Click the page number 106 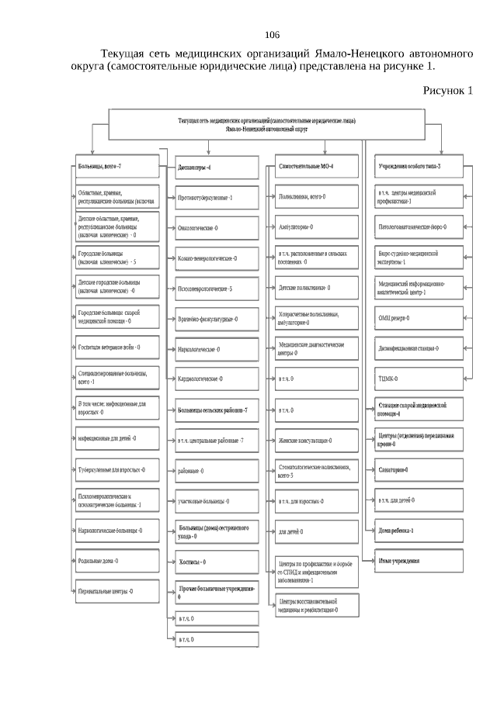[272, 36]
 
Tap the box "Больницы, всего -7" [117, 167]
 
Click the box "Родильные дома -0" [117, 560]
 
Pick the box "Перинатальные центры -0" [117, 591]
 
